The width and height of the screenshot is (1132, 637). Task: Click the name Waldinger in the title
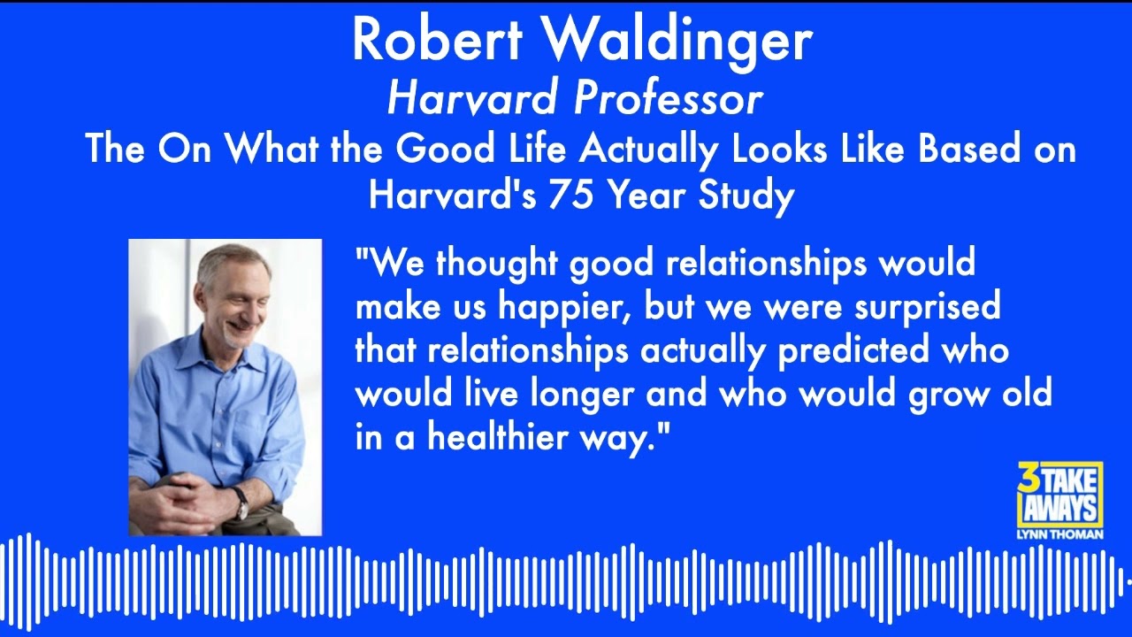point(677,40)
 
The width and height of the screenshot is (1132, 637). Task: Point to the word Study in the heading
point(746,196)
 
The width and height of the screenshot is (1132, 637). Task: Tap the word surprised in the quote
point(928,307)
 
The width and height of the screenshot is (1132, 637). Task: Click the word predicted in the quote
point(854,351)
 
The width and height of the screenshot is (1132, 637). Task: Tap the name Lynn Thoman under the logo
point(1059,534)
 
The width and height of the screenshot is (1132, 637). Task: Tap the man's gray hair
point(232,259)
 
